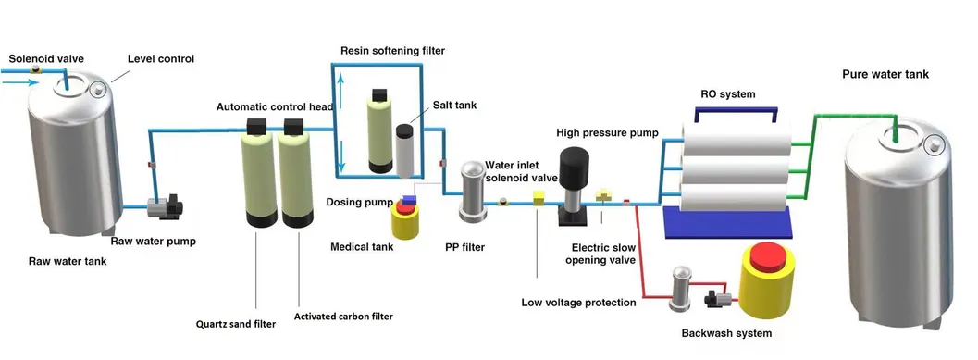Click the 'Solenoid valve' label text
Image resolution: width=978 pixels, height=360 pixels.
(46, 58)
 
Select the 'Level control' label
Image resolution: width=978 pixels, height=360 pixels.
(160, 59)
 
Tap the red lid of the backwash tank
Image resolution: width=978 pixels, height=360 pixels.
(766, 255)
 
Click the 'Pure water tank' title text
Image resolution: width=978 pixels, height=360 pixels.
(884, 74)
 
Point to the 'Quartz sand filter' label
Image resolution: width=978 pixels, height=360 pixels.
(235, 323)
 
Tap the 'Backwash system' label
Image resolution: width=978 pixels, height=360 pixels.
(726, 333)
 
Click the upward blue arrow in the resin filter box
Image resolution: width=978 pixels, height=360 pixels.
(340, 93)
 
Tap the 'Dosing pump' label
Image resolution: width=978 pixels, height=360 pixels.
(356, 201)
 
